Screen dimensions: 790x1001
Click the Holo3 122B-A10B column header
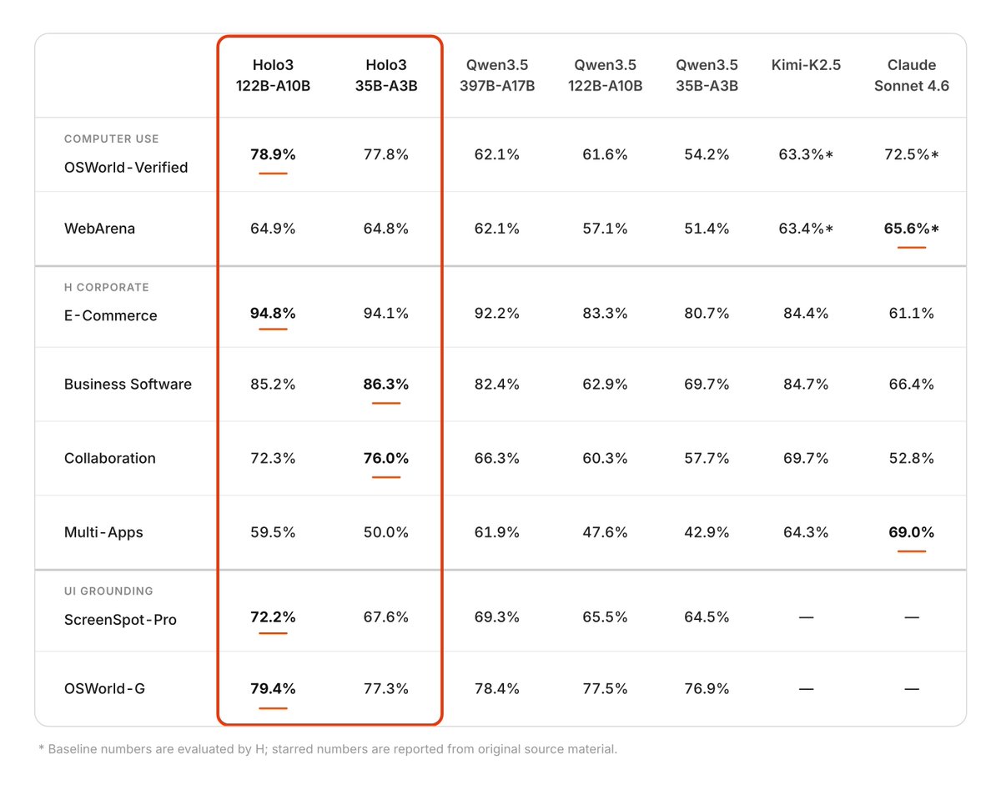273,75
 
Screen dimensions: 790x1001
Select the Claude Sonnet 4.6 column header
911,75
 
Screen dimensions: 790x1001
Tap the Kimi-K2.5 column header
805,65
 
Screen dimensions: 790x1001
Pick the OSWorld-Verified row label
126,168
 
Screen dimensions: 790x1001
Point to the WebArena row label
99,229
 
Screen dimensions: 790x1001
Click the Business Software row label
128,385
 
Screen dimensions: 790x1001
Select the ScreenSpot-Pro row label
120,621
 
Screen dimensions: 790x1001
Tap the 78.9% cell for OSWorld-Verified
273,154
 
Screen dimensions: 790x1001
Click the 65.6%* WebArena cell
911,229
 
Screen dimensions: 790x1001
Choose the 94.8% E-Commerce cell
273,314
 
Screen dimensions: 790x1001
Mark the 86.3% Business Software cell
386,385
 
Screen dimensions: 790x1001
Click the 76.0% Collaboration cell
386,458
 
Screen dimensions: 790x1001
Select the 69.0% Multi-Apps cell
911,532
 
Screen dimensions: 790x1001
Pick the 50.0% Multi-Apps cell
386,532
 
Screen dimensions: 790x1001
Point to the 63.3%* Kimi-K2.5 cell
805,154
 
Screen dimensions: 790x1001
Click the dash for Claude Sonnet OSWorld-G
911,689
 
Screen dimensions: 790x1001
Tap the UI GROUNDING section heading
108,591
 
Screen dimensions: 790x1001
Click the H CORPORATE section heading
106,288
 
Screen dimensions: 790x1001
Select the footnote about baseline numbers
328,749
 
